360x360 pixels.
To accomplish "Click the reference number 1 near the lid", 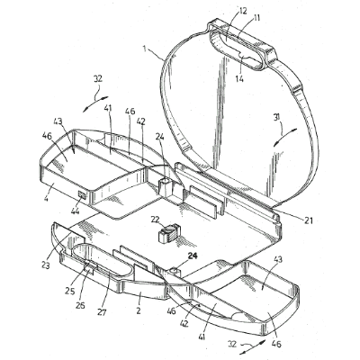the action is (145, 49).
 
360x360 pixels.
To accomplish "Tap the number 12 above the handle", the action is (242, 11).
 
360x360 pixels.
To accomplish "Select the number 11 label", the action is (256, 18).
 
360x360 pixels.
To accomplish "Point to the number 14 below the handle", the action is (240, 78).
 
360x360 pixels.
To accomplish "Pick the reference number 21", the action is (308, 221).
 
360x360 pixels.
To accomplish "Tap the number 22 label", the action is (155, 220).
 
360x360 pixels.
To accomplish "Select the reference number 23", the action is (47, 265).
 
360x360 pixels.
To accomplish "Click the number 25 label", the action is (70, 292).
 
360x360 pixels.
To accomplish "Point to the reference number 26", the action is (80, 305).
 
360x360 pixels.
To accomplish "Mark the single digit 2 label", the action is (139, 310).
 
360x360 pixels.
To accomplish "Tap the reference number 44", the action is (75, 211).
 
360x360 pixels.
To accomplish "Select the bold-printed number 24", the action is (193, 256).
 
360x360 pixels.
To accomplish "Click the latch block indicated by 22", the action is (169, 233).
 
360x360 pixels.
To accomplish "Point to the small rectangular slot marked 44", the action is (82, 195).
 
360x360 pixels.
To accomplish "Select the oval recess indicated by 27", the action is (103, 258).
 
